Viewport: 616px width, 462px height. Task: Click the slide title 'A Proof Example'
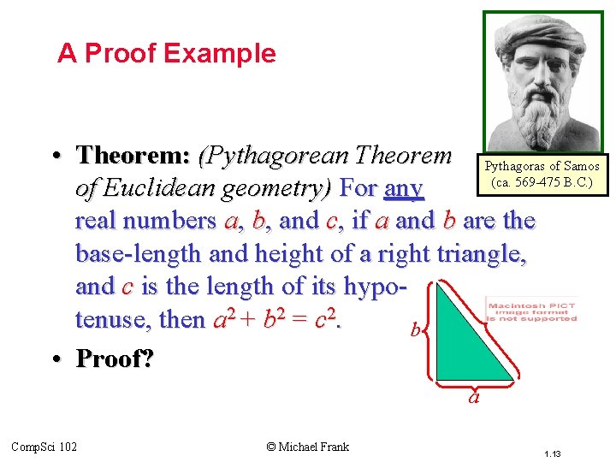point(167,54)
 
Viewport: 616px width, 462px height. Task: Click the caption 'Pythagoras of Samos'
point(542,166)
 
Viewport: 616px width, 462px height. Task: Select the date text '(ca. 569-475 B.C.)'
point(542,182)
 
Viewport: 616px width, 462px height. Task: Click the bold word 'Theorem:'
point(133,156)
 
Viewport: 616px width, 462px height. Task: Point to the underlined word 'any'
point(404,188)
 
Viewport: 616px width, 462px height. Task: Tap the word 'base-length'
point(139,253)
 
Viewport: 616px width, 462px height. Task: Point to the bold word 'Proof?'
point(115,358)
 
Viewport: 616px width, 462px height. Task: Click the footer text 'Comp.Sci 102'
point(44,446)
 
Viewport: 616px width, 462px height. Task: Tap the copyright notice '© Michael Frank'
point(308,446)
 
